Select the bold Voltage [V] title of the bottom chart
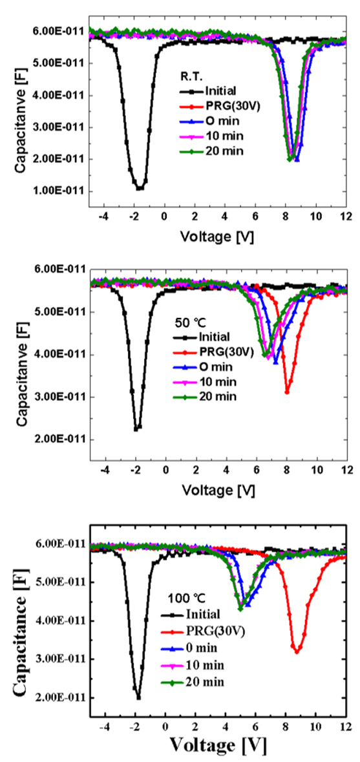(x=217, y=746)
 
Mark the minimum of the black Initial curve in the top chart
(x=140, y=188)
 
